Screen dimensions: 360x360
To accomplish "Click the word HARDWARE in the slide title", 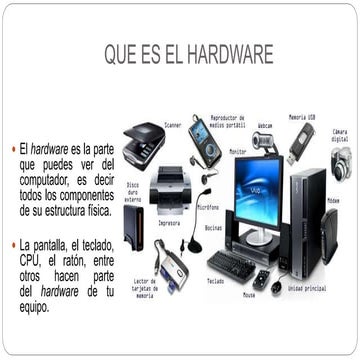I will click(225, 55).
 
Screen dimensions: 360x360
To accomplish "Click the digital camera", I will click(341, 161).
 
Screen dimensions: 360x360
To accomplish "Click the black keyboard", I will click(231, 265).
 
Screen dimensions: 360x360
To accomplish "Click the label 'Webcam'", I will click(265, 126).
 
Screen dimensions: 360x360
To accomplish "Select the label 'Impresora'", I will click(169, 223).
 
